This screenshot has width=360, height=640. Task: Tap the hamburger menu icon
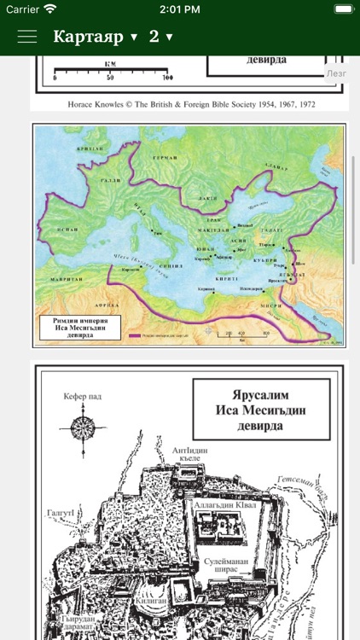point(27,37)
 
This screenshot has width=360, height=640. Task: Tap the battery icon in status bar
point(343,9)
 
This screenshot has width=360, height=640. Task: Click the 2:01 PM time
point(179,9)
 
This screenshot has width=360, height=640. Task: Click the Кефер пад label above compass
point(83,397)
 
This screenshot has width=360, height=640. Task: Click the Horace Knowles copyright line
point(189,107)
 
